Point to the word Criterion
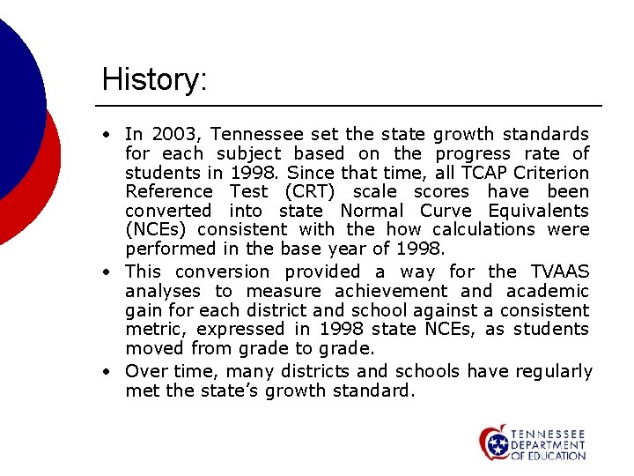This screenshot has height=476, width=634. point(551,173)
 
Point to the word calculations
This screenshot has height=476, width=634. point(487,230)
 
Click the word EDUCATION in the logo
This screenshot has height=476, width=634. point(553,456)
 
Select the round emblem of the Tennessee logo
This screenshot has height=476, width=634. point(495,443)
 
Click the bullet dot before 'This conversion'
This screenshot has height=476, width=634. point(105,272)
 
